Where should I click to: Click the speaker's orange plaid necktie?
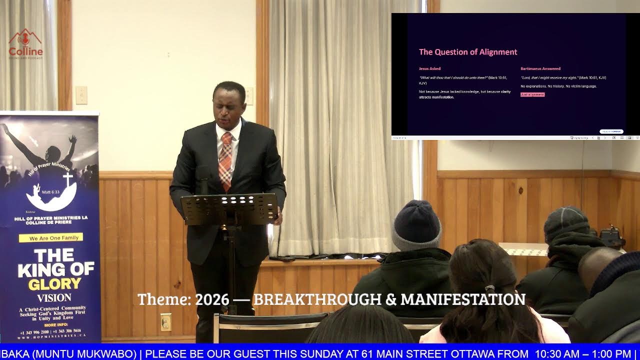click(225, 160)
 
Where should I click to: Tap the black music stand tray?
click(229, 208)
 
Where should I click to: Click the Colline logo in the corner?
click(25, 44)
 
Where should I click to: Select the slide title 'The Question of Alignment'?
click(468, 52)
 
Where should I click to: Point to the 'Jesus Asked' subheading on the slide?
click(429, 68)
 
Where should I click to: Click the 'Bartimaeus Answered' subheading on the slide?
click(540, 68)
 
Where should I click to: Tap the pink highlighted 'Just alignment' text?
click(532, 94)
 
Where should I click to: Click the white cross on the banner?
click(67, 180)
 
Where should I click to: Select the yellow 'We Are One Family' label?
click(51, 238)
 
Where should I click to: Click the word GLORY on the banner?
click(54, 284)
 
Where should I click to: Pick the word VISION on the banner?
click(54, 297)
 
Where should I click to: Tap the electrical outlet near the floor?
click(165, 321)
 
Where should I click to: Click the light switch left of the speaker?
click(81, 95)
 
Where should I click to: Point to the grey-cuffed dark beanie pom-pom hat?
click(416, 224)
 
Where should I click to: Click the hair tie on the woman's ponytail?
click(489, 288)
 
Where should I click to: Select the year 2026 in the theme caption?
click(212, 300)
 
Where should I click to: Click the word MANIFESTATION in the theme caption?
click(463, 299)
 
